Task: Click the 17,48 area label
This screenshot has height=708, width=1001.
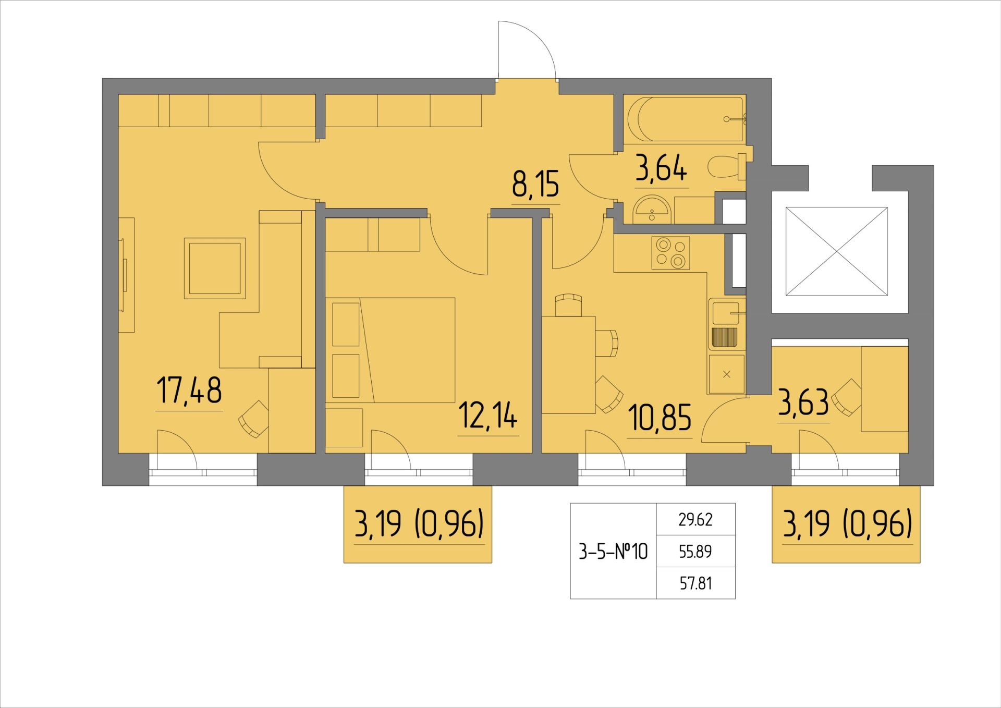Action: coord(189,391)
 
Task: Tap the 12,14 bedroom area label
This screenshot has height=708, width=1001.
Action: coord(488,416)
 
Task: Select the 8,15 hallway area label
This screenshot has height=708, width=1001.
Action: coord(535,185)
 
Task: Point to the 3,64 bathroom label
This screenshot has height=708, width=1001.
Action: coord(661,168)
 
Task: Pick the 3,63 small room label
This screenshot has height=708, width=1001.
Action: coord(803,402)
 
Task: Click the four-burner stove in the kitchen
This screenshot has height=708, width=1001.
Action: coord(671,253)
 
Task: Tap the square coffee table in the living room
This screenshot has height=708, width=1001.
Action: coord(214,268)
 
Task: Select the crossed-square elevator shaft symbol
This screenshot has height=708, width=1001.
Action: coord(836,252)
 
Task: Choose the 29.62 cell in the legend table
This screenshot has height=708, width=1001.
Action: coord(695,520)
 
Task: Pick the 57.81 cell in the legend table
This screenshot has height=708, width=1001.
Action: coord(695,583)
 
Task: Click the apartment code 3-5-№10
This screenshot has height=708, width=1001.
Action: coord(613,551)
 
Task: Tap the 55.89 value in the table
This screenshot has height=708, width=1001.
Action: coord(695,552)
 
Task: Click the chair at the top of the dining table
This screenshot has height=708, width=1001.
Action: coord(568,304)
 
